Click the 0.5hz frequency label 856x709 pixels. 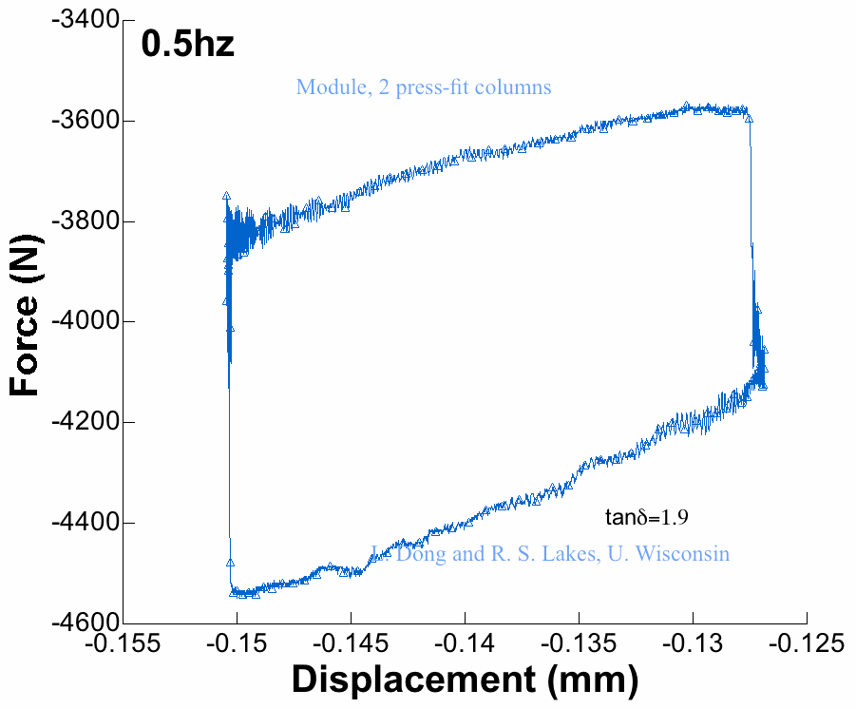point(187,44)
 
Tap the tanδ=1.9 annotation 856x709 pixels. point(646,518)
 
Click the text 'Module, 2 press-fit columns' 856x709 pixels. point(424,87)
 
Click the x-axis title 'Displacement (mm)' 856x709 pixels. point(465,680)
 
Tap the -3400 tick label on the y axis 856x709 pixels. point(84,20)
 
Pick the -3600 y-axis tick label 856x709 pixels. point(84,121)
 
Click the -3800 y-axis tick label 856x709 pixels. point(84,221)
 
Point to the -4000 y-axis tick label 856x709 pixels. point(84,322)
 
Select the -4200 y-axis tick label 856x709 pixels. point(84,422)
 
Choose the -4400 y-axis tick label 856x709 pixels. point(84,523)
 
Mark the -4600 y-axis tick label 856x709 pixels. point(84,623)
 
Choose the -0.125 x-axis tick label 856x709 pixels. point(807,644)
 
